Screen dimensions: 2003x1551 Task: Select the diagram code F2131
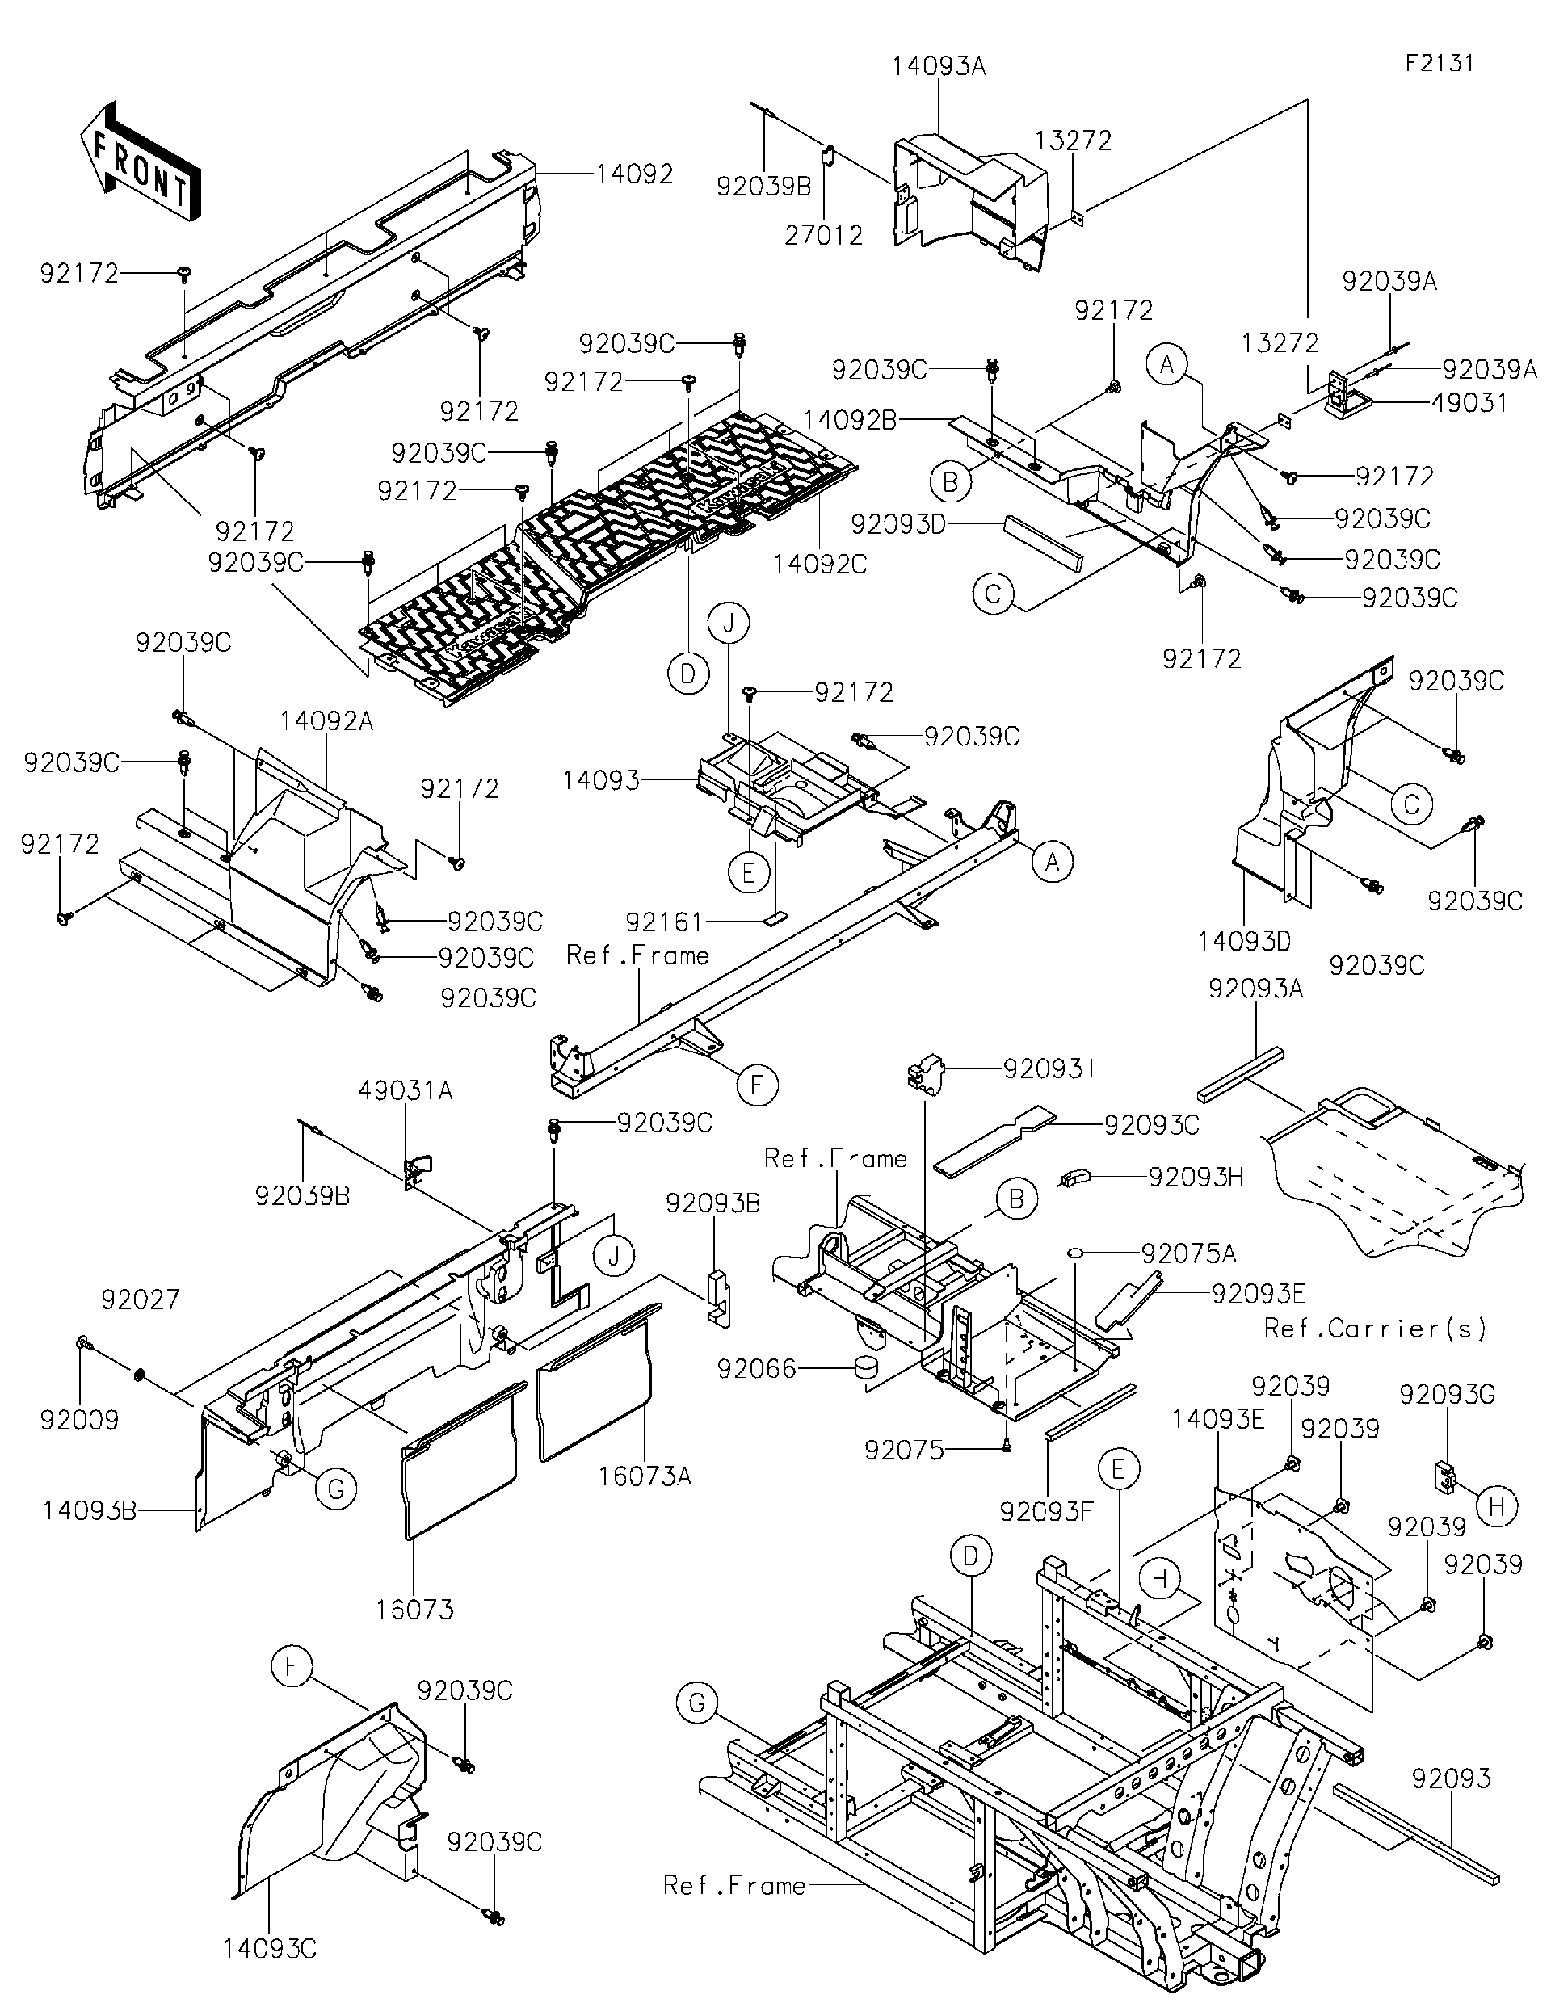click(x=1439, y=63)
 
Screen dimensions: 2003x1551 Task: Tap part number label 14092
click(x=634, y=174)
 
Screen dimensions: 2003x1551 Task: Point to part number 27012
click(x=824, y=236)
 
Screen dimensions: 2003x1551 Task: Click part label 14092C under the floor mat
click(x=819, y=564)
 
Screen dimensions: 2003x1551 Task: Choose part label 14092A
click(x=326, y=721)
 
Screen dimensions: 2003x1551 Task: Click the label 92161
click(x=663, y=921)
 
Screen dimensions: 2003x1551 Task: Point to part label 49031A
click(x=406, y=1090)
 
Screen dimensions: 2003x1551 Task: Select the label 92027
click(x=141, y=1299)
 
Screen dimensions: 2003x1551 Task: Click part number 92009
click(x=80, y=1420)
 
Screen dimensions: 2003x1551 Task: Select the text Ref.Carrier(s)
click(x=1375, y=1327)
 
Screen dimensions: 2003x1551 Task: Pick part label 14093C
click(x=270, y=1949)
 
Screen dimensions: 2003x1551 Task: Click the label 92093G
click(x=1447, y=1394)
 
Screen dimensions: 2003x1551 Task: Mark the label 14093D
click(x=1245, y=942)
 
